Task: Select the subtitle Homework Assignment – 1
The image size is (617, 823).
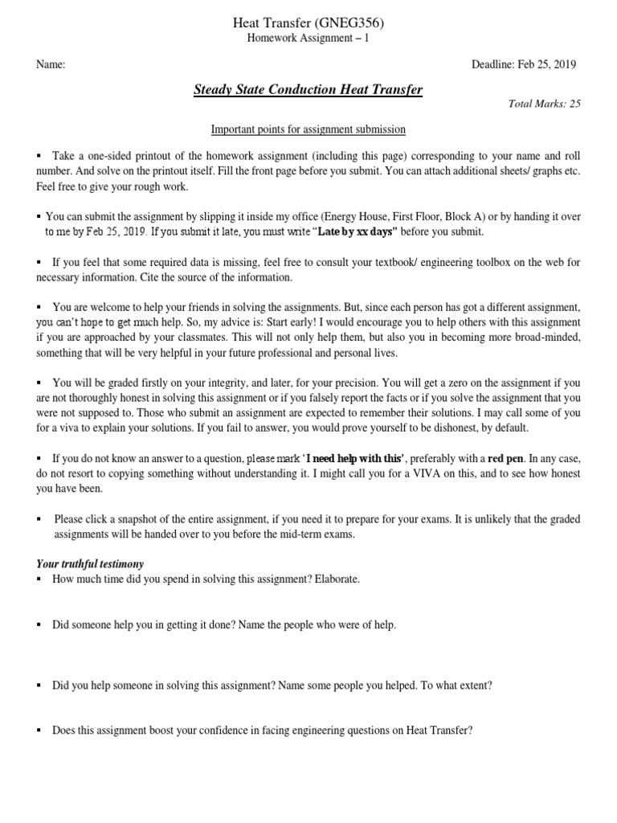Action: (x=308, y=37)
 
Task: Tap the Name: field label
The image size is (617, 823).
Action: (x=50, y=65)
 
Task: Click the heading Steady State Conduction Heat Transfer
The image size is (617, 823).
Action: (x=308, y=89)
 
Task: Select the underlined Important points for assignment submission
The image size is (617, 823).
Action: (x=308, y=129)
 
